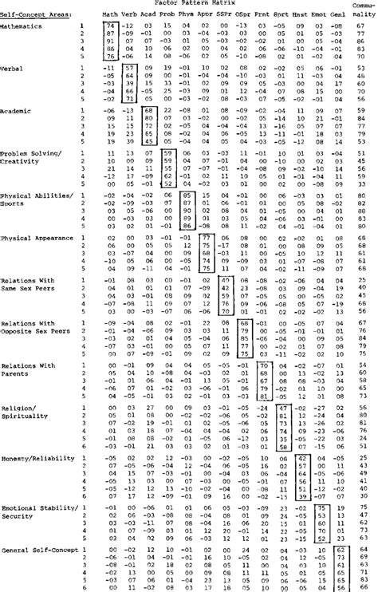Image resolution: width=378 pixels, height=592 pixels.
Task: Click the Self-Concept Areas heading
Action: pos(30,15)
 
